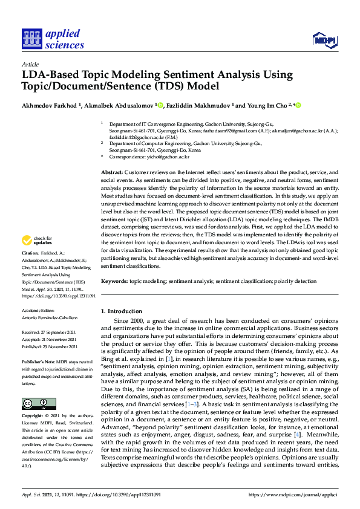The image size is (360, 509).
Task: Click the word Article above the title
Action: coord(30,63)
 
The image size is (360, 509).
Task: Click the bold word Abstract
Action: coord(113,172)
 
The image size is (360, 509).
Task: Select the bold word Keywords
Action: coord(114,282)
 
